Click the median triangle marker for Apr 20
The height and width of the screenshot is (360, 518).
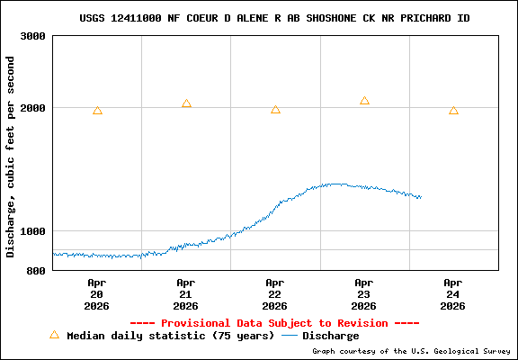pos(97,111)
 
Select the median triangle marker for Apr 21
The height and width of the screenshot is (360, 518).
pos(186,104)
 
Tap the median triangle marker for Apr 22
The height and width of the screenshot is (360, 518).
pos(275,110)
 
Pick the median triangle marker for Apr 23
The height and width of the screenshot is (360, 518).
pos(364,101)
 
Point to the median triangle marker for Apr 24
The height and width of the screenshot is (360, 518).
pos(453,111)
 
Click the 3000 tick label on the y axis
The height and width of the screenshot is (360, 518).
pos(33,37)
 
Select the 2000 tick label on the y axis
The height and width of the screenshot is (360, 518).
pos(33,108)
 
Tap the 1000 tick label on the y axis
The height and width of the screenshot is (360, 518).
pos(33,231)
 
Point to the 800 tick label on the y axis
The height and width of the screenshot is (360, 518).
pos(37,271)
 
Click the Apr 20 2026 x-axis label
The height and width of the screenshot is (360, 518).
pos(97,293)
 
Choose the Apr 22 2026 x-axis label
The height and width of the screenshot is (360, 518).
pos(275,293)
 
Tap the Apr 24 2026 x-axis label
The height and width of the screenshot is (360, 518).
pos(453,293)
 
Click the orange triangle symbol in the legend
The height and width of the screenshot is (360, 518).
pos(54,335)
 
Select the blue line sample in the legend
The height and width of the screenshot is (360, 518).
pos(290,336)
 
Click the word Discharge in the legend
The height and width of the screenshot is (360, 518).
pos(330,336)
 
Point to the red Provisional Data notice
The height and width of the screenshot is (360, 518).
pos(274,322)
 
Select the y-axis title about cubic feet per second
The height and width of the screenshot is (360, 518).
pos(11,157)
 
